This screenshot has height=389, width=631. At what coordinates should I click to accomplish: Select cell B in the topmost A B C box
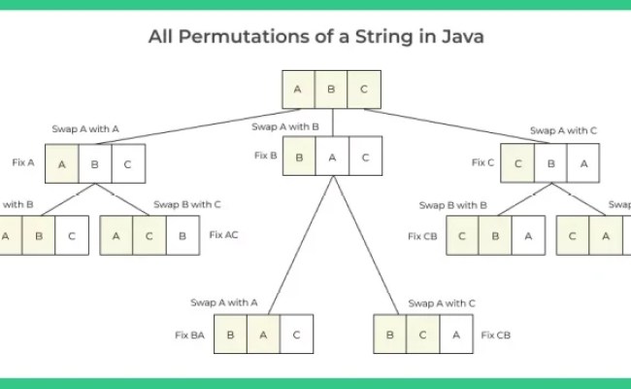(x=330, y=89)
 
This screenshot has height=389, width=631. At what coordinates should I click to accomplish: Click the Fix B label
(x=266, y=155)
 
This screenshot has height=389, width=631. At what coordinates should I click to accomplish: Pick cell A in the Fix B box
(x=331, y=156)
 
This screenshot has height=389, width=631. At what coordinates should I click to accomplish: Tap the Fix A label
(x=24, y=162)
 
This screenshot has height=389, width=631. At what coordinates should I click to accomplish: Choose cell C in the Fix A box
(x=127, y=163)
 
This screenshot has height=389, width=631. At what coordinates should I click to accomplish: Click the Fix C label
(x=482, y=162)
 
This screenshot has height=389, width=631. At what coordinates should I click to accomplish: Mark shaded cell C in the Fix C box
(x=517, y=163)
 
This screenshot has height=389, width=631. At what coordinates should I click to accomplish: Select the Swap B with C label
(x=188, y=204)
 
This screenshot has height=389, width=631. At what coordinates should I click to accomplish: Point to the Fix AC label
(x=223, y=235)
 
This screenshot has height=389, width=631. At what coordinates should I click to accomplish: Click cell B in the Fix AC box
(x=181, y=235)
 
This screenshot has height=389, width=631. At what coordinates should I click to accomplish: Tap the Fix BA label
(x=189, y=335)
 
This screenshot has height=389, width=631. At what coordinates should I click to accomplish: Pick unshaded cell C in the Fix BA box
(x=295, y=335)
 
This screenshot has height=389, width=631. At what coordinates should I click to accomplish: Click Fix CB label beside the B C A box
(x=496, y=335)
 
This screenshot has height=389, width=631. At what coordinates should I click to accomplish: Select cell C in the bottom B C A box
(x=422, y=335)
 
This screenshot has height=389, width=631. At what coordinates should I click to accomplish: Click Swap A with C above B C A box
(x=442, y=302)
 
